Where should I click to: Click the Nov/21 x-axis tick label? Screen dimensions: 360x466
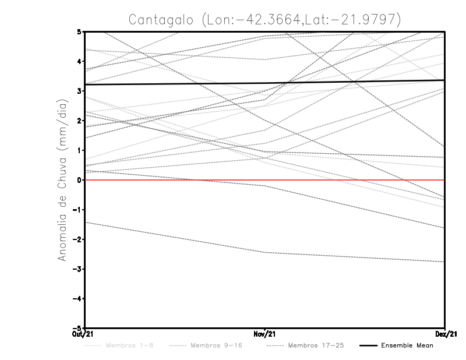click(265, 334)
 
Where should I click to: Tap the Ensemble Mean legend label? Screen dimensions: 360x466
click(407, 345)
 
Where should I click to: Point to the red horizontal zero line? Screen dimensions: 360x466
click(349, 180)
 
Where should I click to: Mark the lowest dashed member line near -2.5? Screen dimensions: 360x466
click(265, 252)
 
